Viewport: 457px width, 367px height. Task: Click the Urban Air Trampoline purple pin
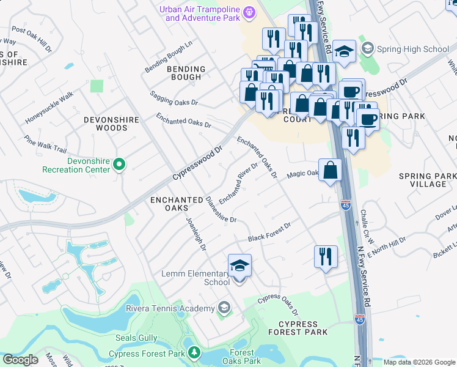[249, 12]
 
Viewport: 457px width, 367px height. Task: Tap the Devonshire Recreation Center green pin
[120, 164]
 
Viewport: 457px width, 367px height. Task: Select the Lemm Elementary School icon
[239, 267]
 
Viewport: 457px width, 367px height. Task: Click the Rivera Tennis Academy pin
[224, 308]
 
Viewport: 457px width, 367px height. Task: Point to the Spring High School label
[413, 48]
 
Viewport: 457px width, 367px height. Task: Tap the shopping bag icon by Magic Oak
[330, 171]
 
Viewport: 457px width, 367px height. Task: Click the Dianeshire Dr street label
[221, 209]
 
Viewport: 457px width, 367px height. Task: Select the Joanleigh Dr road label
[196, 234]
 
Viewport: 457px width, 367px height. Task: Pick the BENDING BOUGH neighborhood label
[176, 73]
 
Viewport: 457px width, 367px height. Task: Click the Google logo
[20, 360]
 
